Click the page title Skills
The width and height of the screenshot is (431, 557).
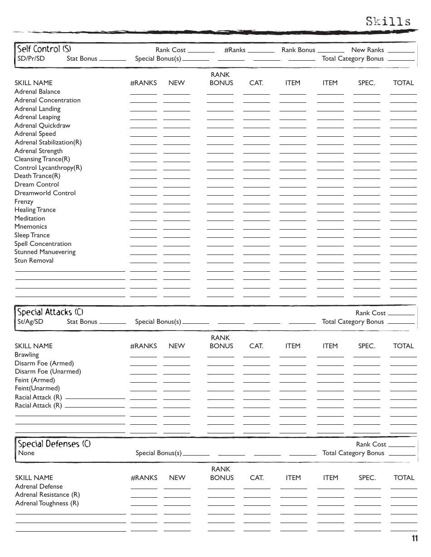point(388,21)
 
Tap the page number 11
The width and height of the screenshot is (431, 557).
point(415,538)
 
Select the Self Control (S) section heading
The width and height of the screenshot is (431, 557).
point(44,49)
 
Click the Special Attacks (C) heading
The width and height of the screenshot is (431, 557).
point(50,312)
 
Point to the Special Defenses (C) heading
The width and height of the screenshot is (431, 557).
point(54,444)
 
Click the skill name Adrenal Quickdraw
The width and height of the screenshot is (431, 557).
point(42,125)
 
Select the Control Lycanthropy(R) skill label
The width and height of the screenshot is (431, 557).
point(48,168)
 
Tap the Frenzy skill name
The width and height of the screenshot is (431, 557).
point(24,202)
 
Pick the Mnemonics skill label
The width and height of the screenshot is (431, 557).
point(30,226)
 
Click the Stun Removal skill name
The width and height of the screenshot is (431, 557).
point(34,260)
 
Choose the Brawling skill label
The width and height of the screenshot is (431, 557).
point(26,355)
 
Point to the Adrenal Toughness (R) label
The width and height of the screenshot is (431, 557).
point(47,503)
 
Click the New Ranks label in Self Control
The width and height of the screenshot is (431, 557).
point(367,50)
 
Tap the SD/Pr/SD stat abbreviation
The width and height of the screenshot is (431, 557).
point(31,58)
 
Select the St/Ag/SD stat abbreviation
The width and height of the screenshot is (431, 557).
point(30,322)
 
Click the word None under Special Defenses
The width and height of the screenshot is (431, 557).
point(26,453)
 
